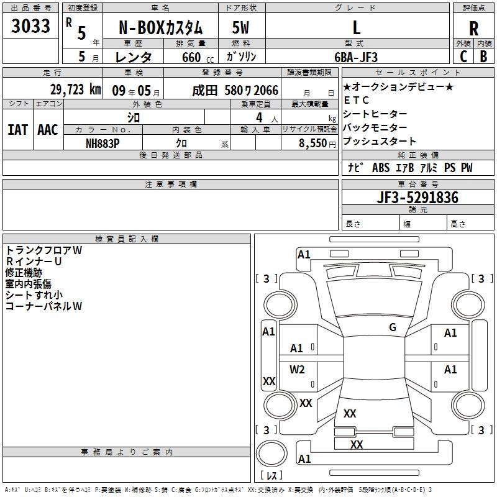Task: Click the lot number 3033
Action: point(30,26)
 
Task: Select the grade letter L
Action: point(357,27)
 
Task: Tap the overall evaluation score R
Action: point(473,29)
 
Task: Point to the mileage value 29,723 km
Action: point(76,89)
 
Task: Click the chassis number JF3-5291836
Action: point(417,197)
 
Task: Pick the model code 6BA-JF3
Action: point(356,57)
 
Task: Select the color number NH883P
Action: point(103,144)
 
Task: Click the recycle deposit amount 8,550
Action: point(312,144)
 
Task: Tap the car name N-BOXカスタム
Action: point(160,28)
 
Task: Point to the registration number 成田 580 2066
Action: point(235,91)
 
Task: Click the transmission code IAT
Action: point(18,130)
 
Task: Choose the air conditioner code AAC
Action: point(48,130)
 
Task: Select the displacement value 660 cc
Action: point(198,57)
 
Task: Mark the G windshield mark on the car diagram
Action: point(393,327)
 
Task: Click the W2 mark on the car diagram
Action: point(297,369)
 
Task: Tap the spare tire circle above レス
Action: point(271,454)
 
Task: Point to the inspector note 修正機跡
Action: point(24,273)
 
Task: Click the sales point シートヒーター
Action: point(375,114)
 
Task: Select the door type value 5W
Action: point(240,27)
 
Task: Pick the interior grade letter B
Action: point(483,57)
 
